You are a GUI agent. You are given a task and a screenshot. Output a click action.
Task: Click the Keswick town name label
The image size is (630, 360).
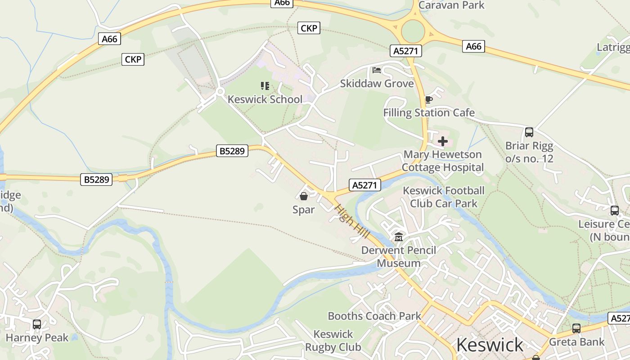coord(490,345)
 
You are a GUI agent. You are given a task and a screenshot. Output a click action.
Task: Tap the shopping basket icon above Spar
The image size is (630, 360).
coord(304,196)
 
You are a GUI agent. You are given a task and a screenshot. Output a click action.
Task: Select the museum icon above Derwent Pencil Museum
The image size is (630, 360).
coord(399,237)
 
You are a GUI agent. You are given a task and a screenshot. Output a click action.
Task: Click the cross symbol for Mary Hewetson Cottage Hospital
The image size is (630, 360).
coord(443,142)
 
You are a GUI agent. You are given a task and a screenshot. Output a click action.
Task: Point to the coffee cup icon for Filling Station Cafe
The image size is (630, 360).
coord(428,99)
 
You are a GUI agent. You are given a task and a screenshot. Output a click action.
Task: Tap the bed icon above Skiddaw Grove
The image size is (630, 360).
coord(377,70)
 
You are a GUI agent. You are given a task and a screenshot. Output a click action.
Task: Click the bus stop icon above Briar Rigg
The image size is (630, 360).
coord(529,132)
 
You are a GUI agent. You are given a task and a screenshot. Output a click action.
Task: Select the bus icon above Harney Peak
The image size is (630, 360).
coord(37,324)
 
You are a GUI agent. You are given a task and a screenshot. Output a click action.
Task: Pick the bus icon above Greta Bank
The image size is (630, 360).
coord(576,328)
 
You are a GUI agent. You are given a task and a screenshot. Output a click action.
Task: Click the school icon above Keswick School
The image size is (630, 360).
coord(265,85)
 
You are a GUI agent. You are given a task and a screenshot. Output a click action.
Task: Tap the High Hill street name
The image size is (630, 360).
coord(352,222)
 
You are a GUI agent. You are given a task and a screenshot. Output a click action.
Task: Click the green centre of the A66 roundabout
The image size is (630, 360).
coord(413,32)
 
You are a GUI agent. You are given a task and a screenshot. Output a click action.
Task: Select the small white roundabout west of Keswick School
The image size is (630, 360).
coord(220,92)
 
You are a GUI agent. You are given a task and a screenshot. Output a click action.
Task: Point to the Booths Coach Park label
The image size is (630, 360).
coord(374,316)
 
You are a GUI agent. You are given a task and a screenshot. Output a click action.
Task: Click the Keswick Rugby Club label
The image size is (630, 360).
coord(333,341)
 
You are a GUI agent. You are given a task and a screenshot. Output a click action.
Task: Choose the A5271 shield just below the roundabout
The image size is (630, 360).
coord(406,51)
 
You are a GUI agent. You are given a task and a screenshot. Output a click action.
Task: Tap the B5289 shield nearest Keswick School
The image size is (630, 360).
coord(232,151)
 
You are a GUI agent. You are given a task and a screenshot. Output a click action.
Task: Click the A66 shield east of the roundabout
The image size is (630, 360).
coord(473,46)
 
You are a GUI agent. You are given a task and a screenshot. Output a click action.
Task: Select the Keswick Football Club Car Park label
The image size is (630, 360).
coord(443,197)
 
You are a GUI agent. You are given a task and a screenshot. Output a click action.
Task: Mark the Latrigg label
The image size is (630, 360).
coord(613,47)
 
